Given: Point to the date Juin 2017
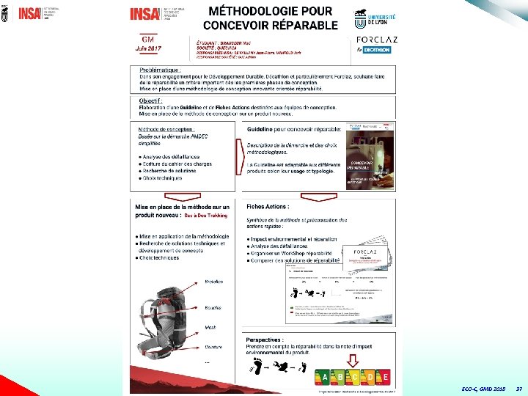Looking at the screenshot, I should [147, 48].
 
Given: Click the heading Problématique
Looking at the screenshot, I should [160, 67].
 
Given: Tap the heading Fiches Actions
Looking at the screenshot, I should [268, 207].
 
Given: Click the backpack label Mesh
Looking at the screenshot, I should [210, 327].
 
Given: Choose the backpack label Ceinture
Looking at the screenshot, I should [214, 348].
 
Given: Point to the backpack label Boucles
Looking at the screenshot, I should [213, 307].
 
